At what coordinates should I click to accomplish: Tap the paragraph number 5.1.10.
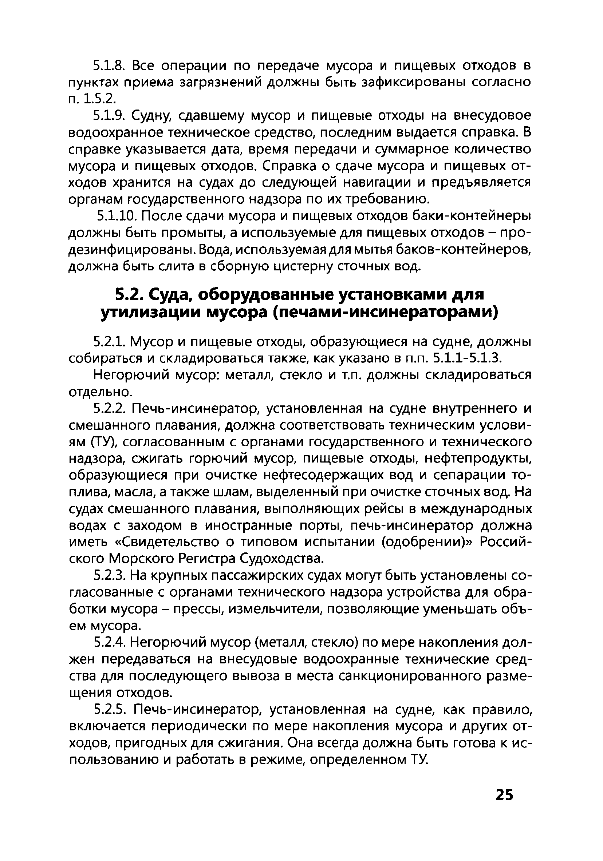[118, 217]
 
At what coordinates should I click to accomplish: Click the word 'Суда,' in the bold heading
[170, 295]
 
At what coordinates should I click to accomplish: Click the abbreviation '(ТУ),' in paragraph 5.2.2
[104, 442]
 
